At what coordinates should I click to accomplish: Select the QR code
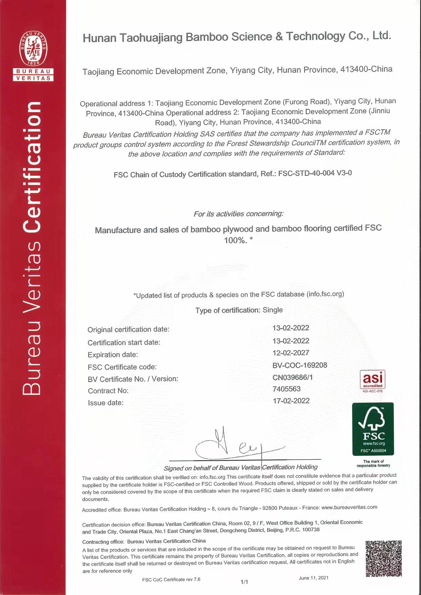[x=384, y=559]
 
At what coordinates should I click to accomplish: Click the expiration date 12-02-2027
[x=291, y=353]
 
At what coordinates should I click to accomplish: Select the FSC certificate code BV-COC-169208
[x=300, y=365]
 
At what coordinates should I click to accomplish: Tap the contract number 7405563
[x=287, y=389]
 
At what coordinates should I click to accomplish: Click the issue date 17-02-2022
[x=291, y=401]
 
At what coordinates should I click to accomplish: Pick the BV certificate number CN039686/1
[x=293, y=377]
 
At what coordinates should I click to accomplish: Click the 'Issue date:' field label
[x=106, y=403]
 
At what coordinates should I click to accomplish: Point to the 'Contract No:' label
[x=108, y=391]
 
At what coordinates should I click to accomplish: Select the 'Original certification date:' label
[x=128, y=329]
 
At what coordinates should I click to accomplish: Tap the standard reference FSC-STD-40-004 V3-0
[x=315, y=173]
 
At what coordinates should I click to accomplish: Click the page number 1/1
[x=244, y=582]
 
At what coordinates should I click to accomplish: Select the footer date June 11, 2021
[x=313, y=578]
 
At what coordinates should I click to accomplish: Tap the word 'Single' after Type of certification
[x=273, y=310]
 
